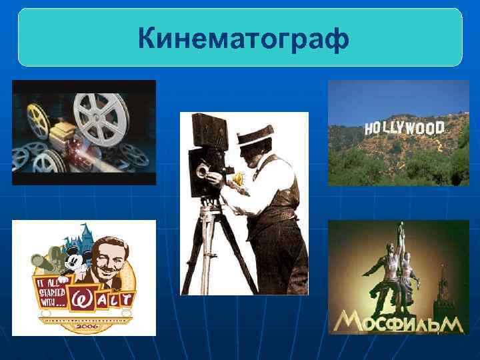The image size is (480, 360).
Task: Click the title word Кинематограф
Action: [x=243, y=39]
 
